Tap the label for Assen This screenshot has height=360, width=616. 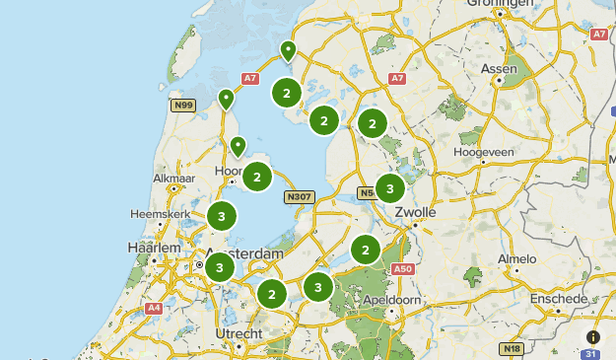click(498, 68)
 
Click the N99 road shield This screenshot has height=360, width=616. click(181, 105)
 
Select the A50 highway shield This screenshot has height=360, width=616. click(400, 268)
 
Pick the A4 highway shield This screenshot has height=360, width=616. click(154, 308)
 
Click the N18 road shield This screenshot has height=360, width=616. click(510, 348)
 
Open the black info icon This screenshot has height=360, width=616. click(592, 336)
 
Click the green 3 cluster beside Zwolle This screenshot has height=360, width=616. click(390, 187)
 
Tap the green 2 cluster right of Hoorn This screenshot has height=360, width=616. click(257, 178)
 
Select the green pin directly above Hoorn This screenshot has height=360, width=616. click(238, 147)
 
